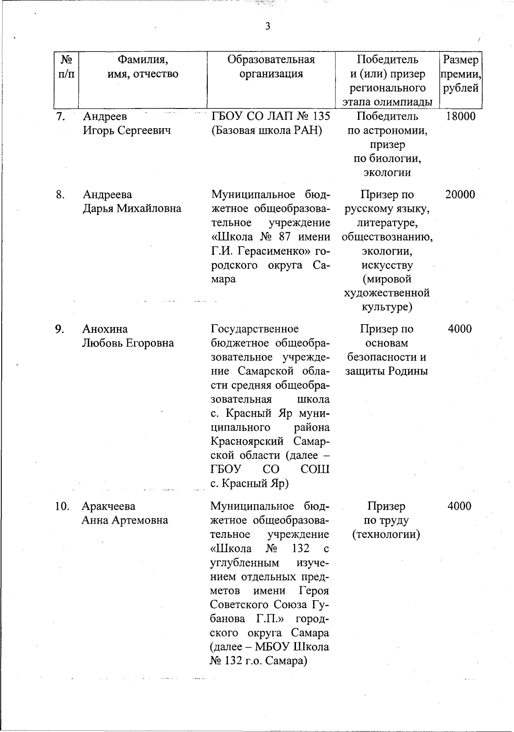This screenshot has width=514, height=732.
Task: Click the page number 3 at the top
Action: [x=268, y=27]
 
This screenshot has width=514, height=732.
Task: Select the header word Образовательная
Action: [x=271, y=59]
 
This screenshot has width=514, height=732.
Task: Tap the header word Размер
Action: [x=460, y=59]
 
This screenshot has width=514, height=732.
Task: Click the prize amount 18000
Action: [x=460, y=116]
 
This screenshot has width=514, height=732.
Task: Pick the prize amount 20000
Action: [x=460, y=195]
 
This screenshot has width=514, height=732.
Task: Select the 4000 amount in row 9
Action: [x=460, y=329]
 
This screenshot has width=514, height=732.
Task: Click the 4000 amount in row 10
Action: [x=459, y=506]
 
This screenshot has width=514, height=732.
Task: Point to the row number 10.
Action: [x=62, y=506]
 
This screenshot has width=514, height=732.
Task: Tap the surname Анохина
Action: [x=105, y=329]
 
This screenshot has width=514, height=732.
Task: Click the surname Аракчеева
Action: [x=108, y=506]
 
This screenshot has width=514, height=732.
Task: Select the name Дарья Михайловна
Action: [x=132, y=209]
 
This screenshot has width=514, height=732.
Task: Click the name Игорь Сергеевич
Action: [x=127, y=130]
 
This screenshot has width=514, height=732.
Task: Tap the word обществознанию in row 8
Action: [x=387, y=237]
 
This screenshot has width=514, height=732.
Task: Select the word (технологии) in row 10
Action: [x=386, y=534]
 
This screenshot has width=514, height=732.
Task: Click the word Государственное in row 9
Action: [x=255, y=329]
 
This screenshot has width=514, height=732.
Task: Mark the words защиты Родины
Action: [x=387, y=371]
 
